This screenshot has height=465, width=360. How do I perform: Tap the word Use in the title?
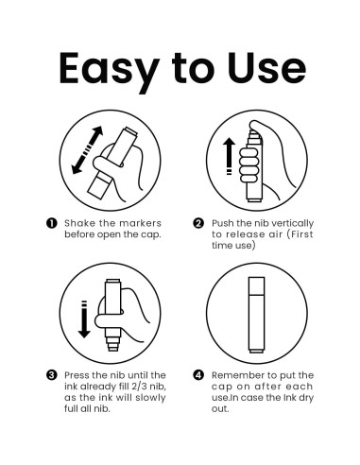pyautogui.click(x=266, y=68)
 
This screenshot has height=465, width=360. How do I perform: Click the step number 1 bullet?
pyautogui.click(x=52, y=223)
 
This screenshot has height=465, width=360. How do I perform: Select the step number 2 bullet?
pyautogui.click(x=198, y=223)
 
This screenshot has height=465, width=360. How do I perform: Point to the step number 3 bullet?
pyautogui.click(x=52, y=375)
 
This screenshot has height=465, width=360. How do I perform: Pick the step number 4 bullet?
pyautogui.click(x=198, y=375)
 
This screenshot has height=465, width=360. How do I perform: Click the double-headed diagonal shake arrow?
pyautogui.click(x=87, y=150)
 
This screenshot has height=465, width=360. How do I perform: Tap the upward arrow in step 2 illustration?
pyautogui.click(x=229, y=156)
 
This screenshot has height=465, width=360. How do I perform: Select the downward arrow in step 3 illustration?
pyautogui.click(x=84, y=319)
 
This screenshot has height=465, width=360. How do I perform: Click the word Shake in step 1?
pyautogui.click(x=76, y=223)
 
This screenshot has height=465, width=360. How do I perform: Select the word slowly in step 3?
pyautogui.click(x=150, y=398)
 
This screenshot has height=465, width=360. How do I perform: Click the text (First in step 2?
pyautogui.click(x=300, y=234)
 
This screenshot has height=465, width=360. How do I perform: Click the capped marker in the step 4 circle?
pyautogui.click(x=256, y=315)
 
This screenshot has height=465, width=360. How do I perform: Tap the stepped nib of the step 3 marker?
pyautogui.click(x=112, y=342)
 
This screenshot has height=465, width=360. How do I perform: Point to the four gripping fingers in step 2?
pyautogui.click(x=249, y=164)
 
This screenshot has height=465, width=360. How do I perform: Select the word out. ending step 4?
pyautogui.click(x=220, y=408)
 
